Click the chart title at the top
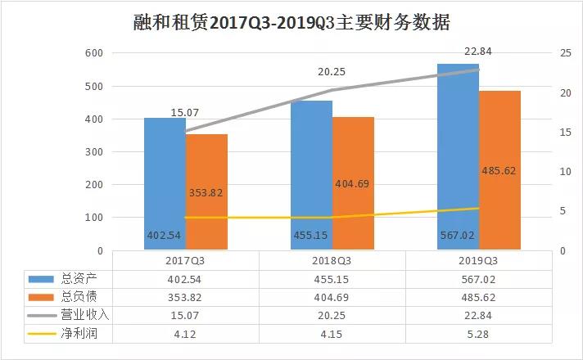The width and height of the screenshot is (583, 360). point(291,22)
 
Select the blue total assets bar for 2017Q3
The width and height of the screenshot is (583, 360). point(165,184)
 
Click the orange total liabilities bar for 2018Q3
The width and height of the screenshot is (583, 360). point(353,184)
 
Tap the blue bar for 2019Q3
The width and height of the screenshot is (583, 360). point(457,155)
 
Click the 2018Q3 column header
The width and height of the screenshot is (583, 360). point(332,261)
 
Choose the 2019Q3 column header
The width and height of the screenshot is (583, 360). point(479,261)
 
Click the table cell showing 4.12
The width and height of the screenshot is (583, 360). point(185,333)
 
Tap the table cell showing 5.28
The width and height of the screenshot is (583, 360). point(479,333)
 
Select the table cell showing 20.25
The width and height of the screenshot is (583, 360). point(332,315)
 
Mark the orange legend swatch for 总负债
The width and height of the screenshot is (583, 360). point(38,297)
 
